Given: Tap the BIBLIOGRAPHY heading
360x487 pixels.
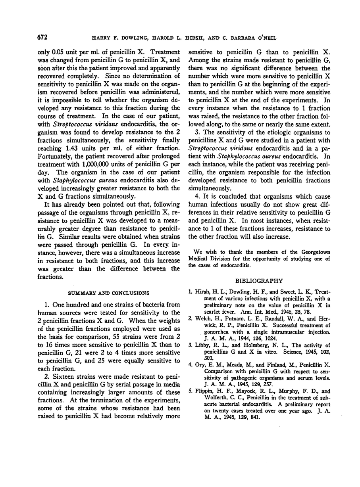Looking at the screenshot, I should point(259,280).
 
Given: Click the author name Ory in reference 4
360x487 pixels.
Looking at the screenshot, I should point(201,373).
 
